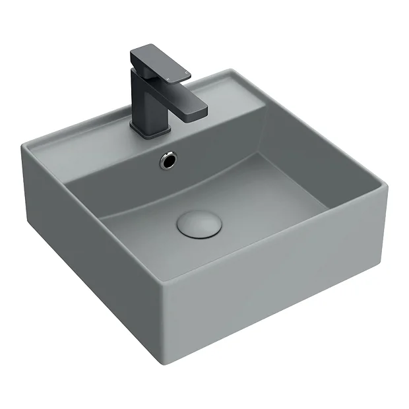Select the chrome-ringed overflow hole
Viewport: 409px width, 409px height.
coord(170,158)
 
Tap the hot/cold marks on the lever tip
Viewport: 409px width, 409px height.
coord(176,77)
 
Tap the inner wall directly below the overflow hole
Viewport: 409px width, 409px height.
coord(172,181)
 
